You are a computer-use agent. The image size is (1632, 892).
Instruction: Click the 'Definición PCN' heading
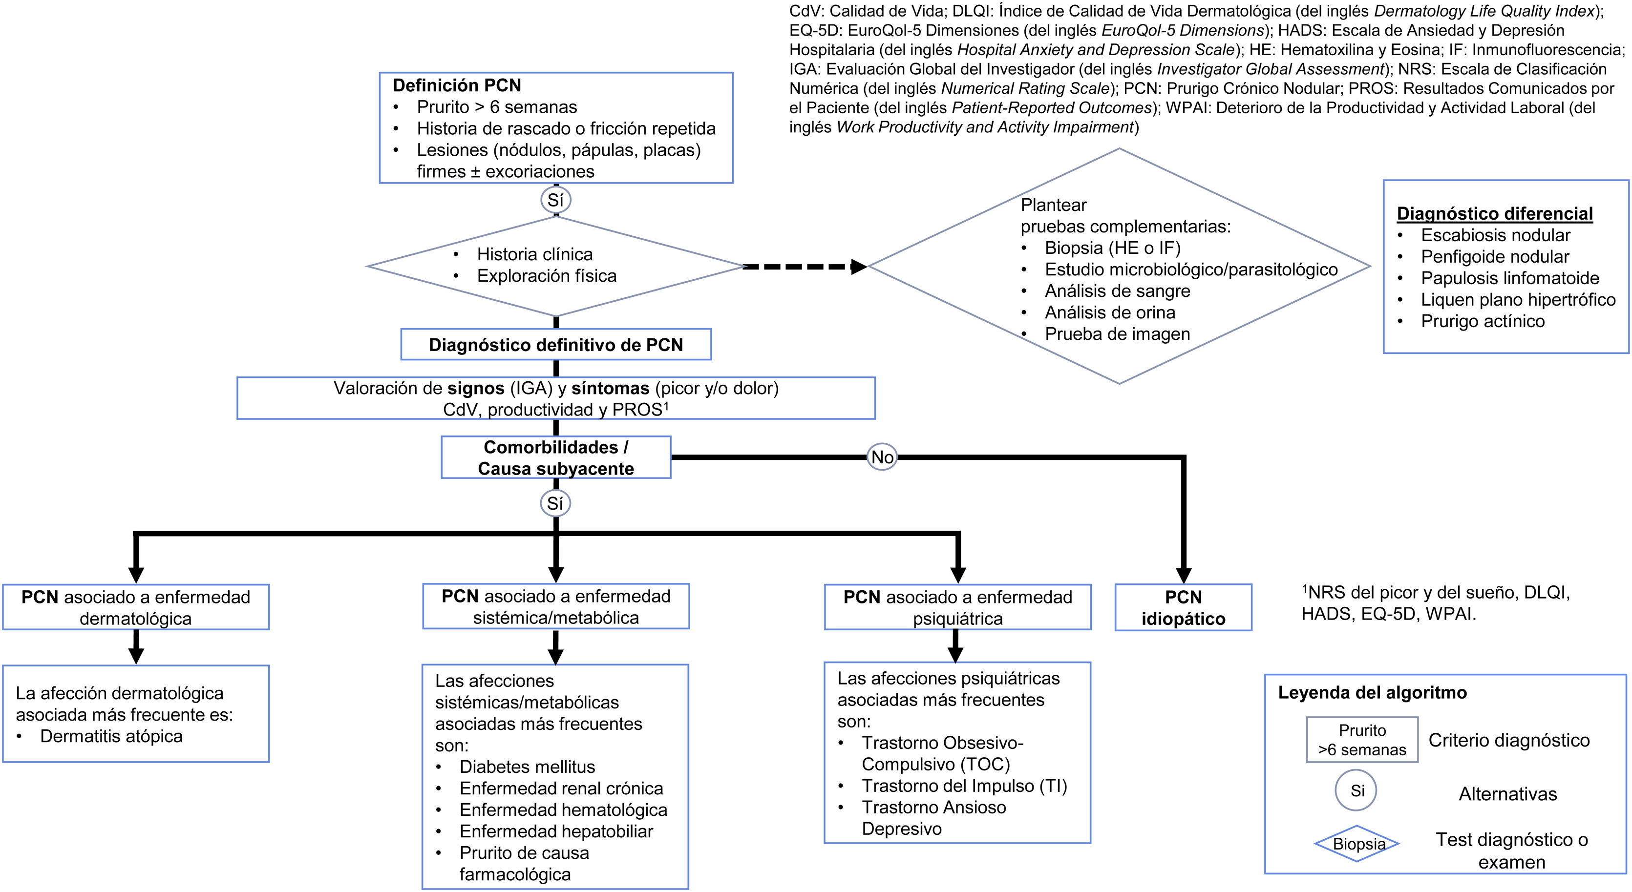pos(457,85)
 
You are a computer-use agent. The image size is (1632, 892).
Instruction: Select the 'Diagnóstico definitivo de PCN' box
pos(555,345)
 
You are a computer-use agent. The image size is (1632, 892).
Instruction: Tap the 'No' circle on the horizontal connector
pos(882,457)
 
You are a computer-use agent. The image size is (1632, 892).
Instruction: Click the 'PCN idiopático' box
pos(1183,608)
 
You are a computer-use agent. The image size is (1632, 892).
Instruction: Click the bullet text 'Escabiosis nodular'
pos(1495,235)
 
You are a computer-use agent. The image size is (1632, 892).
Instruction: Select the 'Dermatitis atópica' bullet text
pos(111,736)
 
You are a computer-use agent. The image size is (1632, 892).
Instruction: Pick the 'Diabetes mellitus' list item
pos(527,767)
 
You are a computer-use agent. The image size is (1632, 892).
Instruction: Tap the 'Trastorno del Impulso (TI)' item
pos(964,786)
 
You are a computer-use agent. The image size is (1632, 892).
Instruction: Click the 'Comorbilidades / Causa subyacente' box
pos(555,457)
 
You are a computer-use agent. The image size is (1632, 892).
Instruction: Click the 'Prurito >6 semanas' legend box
pos(1362,740)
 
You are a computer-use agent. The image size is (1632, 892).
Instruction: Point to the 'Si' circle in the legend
pos(1357,791)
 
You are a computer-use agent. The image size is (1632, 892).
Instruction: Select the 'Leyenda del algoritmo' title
pos(1372,693)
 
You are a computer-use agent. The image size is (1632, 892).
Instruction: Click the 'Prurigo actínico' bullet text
pos(1483,322)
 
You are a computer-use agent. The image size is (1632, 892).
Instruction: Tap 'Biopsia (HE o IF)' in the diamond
pos(1112,248)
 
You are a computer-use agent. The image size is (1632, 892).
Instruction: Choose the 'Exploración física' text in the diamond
pos(546,276)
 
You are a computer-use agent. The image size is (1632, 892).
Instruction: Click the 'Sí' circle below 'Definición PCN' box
pos(555,201)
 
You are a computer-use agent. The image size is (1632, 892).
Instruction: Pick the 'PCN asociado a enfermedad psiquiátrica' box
pos(957,607)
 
